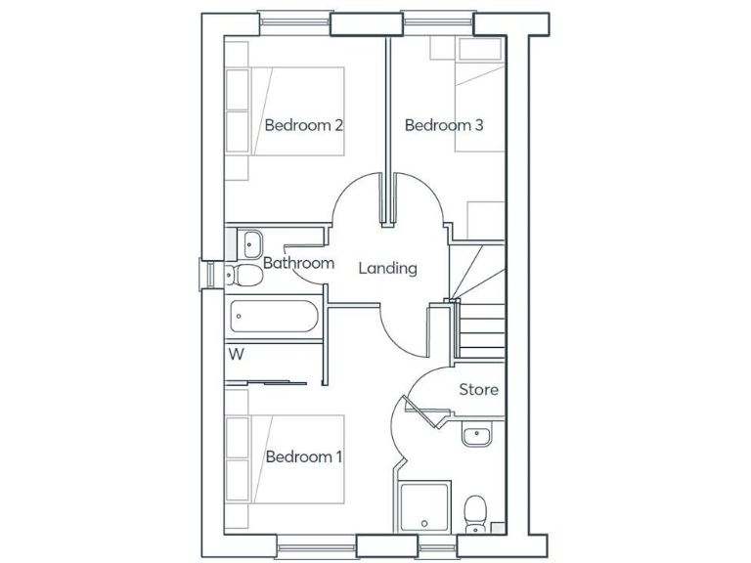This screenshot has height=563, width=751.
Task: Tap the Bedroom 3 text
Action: pyautogui.click(x=444, y=125)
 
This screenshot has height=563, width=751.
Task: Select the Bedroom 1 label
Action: pyautogui.click(x=303, y=456)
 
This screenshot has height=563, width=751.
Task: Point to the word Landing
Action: pyautogui.click(x=387, y=268)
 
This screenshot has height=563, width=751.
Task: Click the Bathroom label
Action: pyautogui.click(x=298, y=263)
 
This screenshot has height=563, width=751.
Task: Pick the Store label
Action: pyautogui.click(x=478, y=390)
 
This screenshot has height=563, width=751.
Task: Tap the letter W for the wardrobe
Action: pyautogui.click(x=236, y=354)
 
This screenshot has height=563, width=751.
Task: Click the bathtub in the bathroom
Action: pyautogui.click(x=273, y=318)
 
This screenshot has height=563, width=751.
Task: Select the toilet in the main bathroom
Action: pyautogui.click(x=242, y=275)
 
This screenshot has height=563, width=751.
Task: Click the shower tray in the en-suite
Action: pyautogui.click(x=425, y=507)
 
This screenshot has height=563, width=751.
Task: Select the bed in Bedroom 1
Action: pyautogui.click(x=286, y=458)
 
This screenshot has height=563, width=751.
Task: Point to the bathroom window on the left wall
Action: pyautogui.click(x=208, y=275)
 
